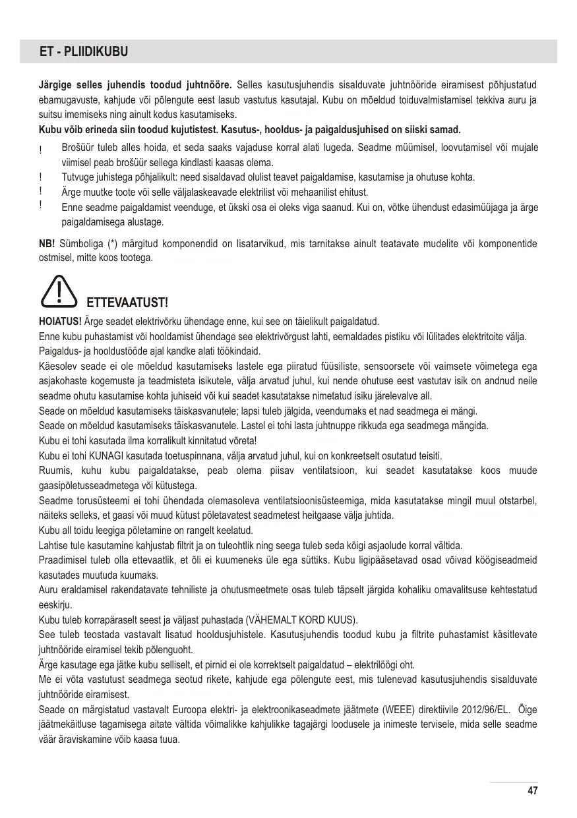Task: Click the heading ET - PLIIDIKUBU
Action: (x=84, y=51)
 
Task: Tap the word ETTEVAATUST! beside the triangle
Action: (x=128, y=303)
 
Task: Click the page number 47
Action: (x=532, y=791)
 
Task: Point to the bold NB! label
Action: (x=47, y=244)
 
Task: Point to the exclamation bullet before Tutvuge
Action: (x=41, y=177)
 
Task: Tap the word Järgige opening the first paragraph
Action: (x=55, y=85)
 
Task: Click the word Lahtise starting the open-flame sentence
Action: (x=54, y=545)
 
